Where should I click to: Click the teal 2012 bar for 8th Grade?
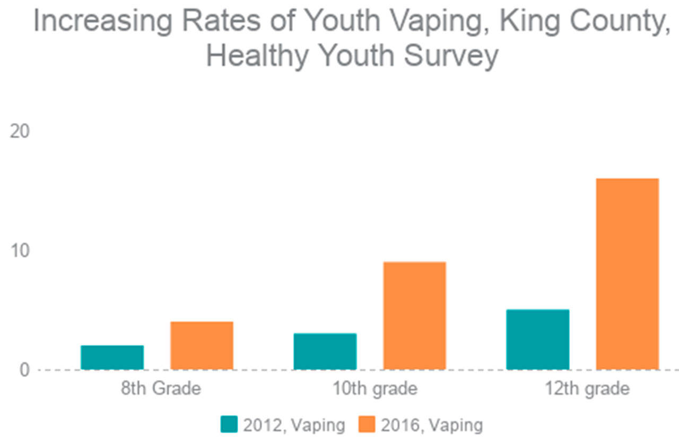tap(112, 357)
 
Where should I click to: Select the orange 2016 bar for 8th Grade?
tap(202, 346)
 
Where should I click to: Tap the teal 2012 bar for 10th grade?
tap(325, 351)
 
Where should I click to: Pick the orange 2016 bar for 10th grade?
tap(414, 316)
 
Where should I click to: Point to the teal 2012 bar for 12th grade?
tap(538, 339)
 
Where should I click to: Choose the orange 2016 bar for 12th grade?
tap(628, 274)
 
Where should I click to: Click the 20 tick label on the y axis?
tap(20, 131)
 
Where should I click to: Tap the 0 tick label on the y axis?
tap(24, 369)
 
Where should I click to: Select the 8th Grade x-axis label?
tap(161, 389)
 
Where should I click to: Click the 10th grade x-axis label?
tap(375, 389)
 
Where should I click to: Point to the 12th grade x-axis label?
tap(587, 389)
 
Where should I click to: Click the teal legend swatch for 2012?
tap(229, 425)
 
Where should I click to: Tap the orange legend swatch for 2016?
tap(367, 425)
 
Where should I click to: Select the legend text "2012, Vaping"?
tap(294, 425)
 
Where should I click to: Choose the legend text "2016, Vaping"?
tap(432, 425)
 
